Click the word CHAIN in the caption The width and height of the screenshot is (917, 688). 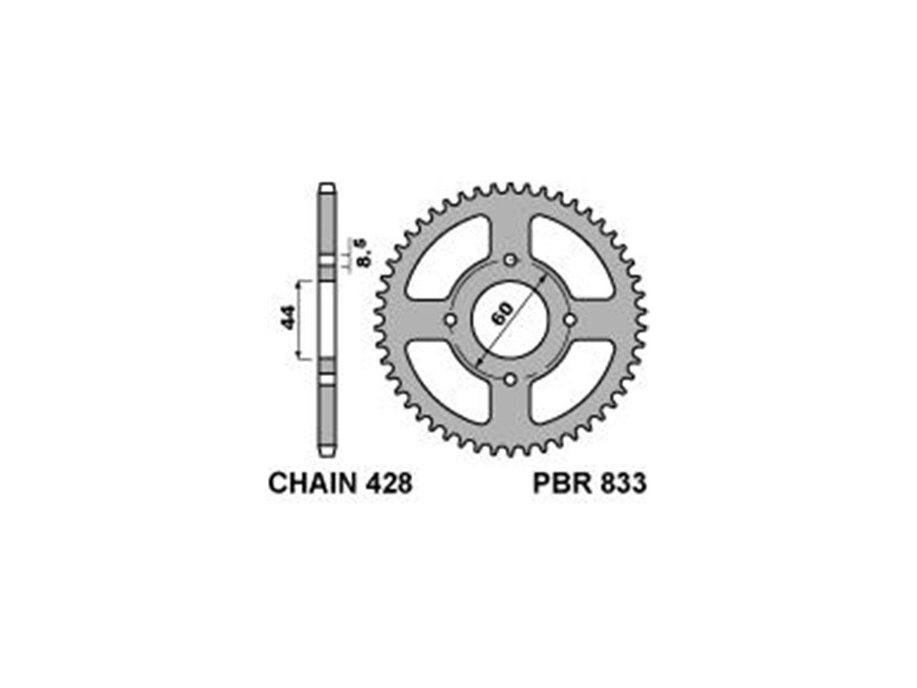[311, 484]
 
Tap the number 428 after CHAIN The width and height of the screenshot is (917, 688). [388, 484]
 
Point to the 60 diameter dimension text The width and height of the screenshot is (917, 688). [502, 313]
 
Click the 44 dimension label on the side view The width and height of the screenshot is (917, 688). [288, 317]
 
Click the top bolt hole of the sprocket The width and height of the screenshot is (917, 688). [509, 261]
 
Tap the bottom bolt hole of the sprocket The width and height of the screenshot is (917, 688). [509, 380]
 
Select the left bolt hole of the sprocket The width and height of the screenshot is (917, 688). [450, 320]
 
